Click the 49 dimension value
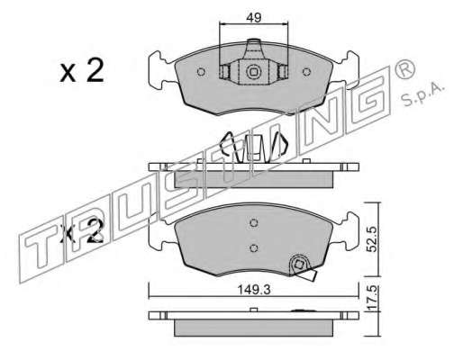253,18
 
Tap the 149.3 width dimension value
254,290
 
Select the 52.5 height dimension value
372,239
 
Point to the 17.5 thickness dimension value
372,298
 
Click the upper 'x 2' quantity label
82,71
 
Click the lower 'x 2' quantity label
82,231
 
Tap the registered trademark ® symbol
405,68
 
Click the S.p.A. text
422,95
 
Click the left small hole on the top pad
201,72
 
